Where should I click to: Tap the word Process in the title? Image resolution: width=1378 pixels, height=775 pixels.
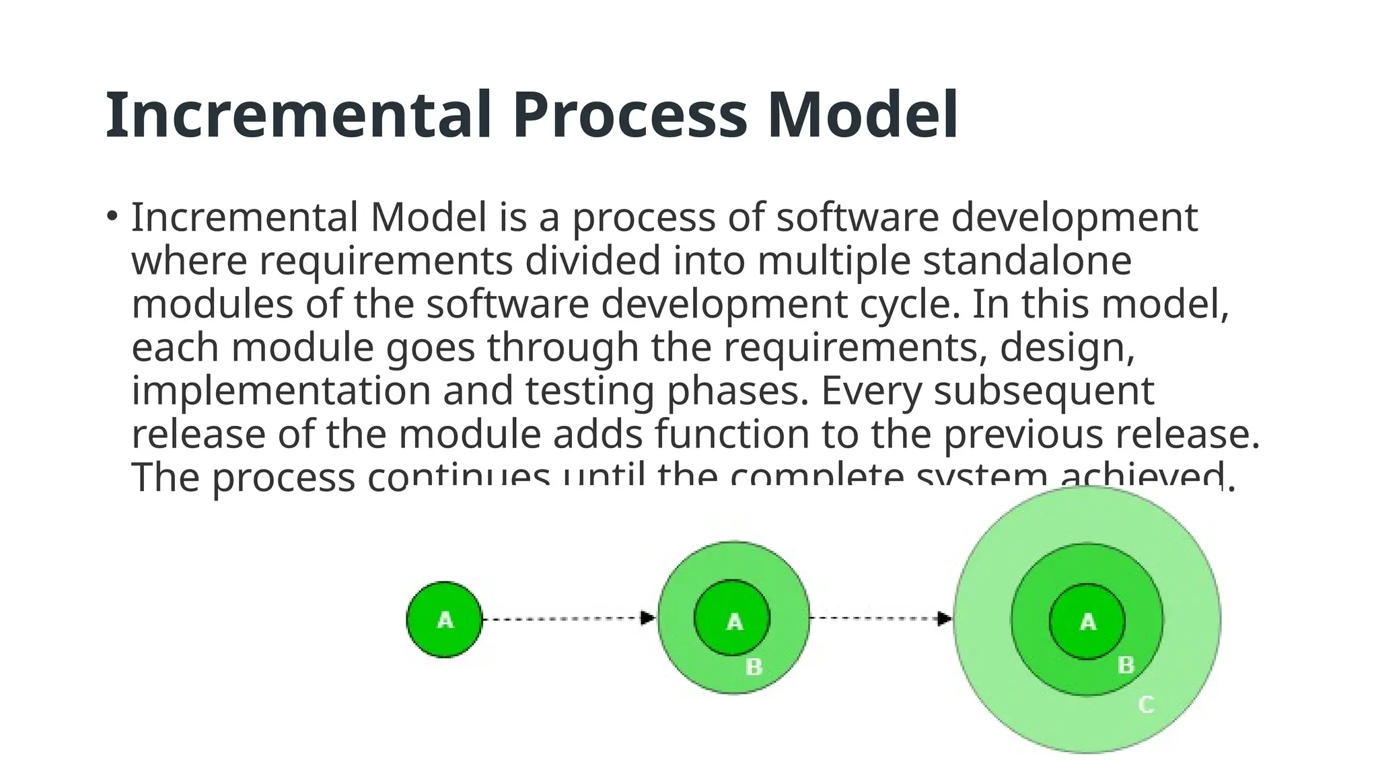629,116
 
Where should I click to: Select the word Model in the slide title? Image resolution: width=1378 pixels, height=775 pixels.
863,116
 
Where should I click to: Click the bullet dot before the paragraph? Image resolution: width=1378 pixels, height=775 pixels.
112,217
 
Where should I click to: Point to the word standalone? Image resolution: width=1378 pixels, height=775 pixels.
1026,261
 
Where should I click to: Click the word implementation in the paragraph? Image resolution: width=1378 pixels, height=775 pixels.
281,392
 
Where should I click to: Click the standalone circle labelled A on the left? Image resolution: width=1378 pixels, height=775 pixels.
445,620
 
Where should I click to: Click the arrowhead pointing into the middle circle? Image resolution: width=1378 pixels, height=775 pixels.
648,618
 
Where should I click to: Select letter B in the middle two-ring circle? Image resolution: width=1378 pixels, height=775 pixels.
754,667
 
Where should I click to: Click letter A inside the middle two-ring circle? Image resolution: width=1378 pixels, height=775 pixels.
734,621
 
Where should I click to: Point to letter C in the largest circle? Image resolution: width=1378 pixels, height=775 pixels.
1146,705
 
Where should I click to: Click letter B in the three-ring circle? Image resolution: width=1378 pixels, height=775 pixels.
1126,665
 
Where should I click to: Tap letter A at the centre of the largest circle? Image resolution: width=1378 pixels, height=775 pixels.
1088,622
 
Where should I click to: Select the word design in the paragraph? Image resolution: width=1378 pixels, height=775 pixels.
1066,348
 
